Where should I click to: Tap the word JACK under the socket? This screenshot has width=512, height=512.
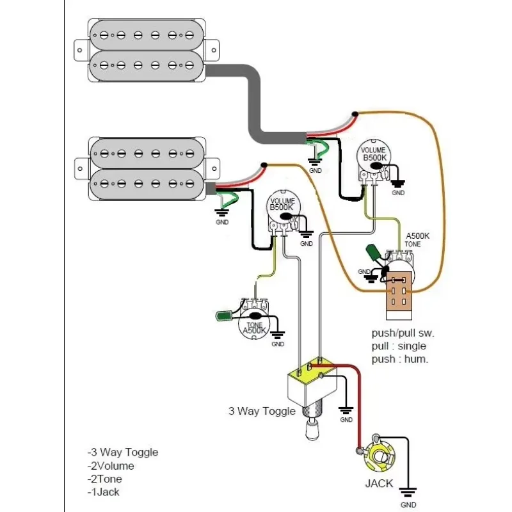[x=379, y=483]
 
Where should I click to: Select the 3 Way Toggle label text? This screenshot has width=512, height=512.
[x=262, y=411]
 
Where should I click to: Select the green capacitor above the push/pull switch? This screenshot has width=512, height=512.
[x=373, y=254]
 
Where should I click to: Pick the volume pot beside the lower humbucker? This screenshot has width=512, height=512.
[x=282, y=211]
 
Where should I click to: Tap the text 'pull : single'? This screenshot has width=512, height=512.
[x=399, y=346]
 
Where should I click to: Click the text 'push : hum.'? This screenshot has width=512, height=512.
[x=400, y=359]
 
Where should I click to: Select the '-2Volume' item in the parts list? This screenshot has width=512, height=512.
[x=111, y=466]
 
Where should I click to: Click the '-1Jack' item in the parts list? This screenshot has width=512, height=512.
[x=104, y=492]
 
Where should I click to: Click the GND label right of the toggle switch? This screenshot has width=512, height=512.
[x=346, y=420]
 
